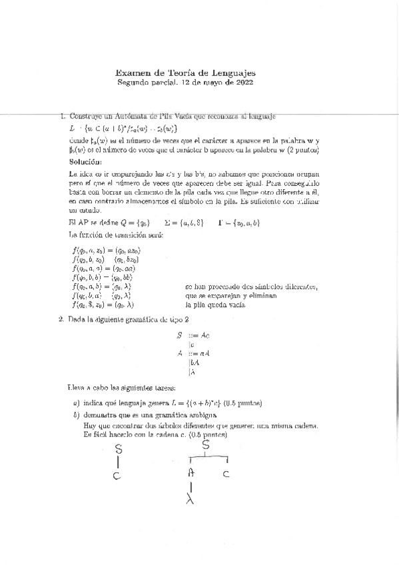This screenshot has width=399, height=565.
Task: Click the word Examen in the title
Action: (x=132, y=73)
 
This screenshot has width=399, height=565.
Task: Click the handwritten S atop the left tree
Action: (x=119, y=450)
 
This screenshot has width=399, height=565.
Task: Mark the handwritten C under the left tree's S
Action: (x=117, y=476)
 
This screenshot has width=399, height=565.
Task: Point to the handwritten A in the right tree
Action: (x=191, y=472)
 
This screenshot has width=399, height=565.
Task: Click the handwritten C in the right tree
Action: (x=226, y=474)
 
